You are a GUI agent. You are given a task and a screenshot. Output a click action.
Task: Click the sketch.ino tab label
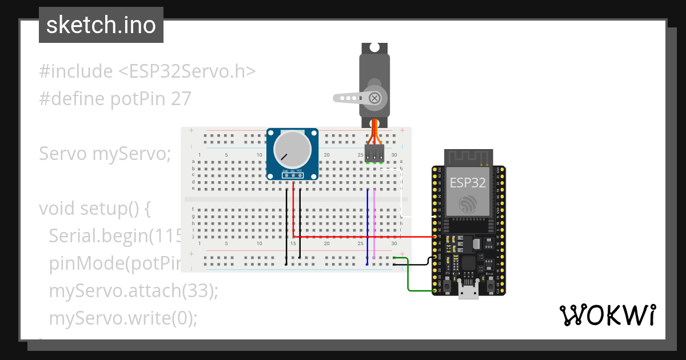[101, 25]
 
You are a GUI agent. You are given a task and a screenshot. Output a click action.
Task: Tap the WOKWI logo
[607, 315]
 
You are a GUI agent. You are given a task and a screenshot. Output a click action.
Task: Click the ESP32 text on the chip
[468, 183]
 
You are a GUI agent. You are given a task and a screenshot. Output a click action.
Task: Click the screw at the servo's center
[375, 98]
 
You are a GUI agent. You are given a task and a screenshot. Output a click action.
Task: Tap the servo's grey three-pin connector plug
[374, 152]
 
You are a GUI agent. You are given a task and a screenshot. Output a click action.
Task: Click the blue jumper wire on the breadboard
[367, 223]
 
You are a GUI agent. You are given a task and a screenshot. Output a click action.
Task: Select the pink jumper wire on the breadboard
[374, 223]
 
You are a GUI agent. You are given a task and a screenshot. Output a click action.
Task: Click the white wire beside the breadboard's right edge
[401, 194]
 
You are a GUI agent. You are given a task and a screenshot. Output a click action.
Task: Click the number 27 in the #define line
[181, 99]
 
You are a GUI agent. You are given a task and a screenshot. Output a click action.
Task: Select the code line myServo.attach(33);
[134, 290]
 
